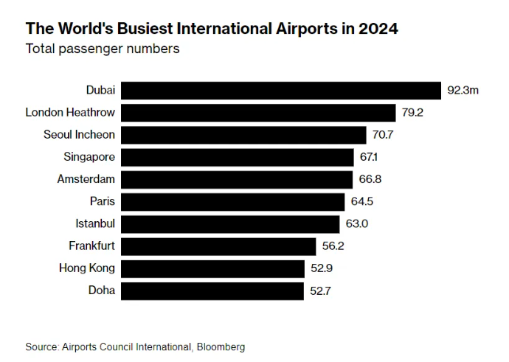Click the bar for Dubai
pyautogui.click(x=280, y=91)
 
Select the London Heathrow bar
pyautogui.click(x=258, y=113)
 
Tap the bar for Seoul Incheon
pyautogui.click(x=243, y=135)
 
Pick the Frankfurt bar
pyautogui.click(x=218, y=246)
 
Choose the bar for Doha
pyautogui.click(x=212, y=290)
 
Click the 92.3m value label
pyautogui.click(x=463, y=91)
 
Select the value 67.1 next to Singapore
pyautogui.click(x=370, y=157)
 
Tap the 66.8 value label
pyautogui.click(x=369, y=179)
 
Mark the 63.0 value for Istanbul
pyautogui.click(x=357, y=223)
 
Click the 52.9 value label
pyautogui.click(x=321, y=268)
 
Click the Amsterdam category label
pyautogui.click(x=86, y=179)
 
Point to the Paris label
pyautogui.click(x=102, y=201)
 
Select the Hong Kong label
pyautogui.click(x=87, y=268)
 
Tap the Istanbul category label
pyautogui.click(x=95, y=223)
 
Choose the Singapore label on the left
pyautogui.click(x=89, y=157)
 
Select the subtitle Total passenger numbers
pyautogui.click(x=103, y=49)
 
